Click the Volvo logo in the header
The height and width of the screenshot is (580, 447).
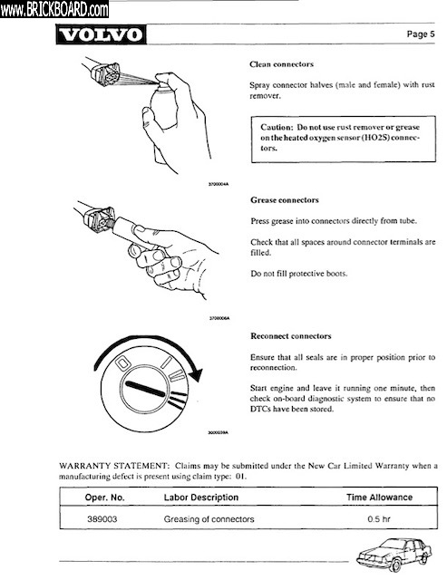101,34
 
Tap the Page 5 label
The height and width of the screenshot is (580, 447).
421,34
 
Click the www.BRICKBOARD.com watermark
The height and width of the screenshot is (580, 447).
54,9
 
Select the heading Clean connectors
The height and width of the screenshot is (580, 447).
281,64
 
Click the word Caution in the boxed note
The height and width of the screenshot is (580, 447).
276,127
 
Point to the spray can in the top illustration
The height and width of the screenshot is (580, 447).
163,111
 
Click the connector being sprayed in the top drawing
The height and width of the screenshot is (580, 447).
104,73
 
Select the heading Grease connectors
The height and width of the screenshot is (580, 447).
284,200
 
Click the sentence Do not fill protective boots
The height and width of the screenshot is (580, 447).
299,274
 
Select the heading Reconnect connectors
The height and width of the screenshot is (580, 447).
290,336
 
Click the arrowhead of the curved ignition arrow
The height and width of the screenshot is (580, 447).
196,374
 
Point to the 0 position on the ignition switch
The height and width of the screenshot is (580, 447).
122,363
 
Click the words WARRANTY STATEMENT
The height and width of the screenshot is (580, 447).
113,466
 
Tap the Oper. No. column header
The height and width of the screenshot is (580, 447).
104,498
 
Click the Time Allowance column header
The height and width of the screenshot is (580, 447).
379,498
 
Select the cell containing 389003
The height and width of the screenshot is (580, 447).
102,519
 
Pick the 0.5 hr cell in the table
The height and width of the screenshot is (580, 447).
379,519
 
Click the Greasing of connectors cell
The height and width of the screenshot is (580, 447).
209,519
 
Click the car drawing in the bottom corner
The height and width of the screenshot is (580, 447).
394,555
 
